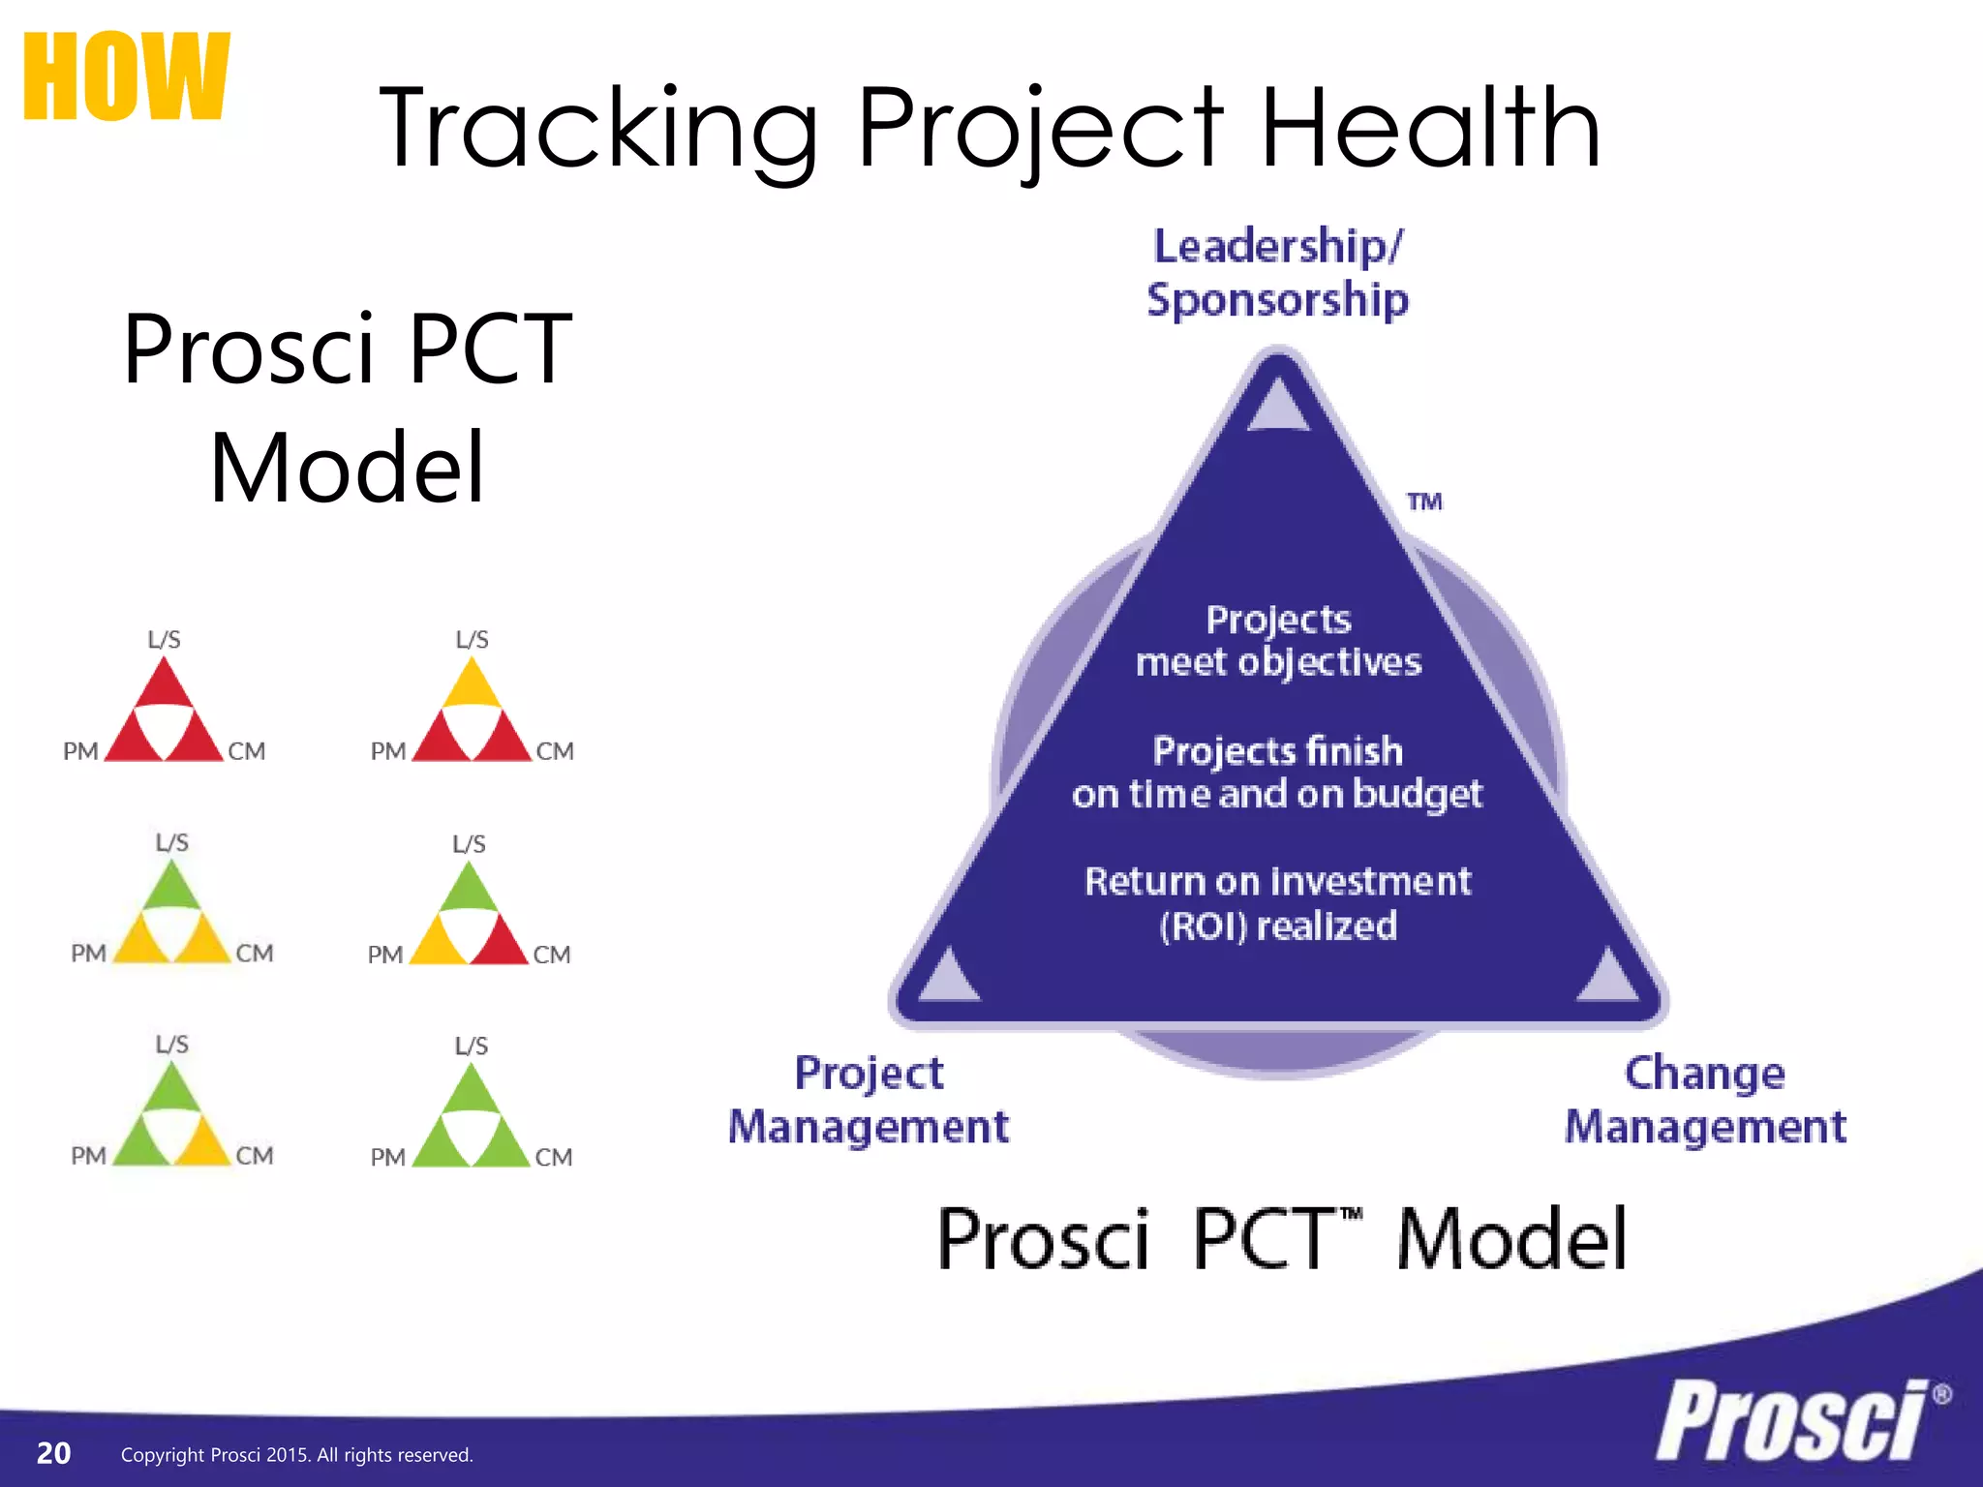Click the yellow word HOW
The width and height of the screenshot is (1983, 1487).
click(x=126, y=76)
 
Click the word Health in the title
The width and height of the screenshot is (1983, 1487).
click(x=1430, y=129)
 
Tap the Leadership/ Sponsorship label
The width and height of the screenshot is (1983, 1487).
click(x=1277, y=273)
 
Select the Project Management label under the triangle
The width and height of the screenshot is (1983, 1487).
click(x=869, y=1100)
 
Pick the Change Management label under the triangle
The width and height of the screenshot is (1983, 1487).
click(x=1705, y=1100)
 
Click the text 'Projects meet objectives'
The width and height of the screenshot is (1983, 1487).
click(x=1278, y=641)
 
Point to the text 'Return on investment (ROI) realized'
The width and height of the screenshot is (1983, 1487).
click(x=1278, y=903)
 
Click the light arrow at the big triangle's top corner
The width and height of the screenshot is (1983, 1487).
click(x=1278, y=406)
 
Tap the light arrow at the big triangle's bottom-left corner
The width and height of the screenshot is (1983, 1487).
click(x=949, y=976)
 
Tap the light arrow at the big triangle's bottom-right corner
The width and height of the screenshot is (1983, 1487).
click(x=1608, y=976)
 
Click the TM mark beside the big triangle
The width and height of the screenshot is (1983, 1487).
click(x=1424, y=501)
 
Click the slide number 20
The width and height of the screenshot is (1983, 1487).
click(x=53, y=1453)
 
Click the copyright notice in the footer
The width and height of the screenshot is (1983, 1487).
click(x=296, y=1455)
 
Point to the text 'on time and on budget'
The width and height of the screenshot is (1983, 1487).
click(x=1277, y=794)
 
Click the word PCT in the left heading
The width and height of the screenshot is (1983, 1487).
click(x=490, y=349)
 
